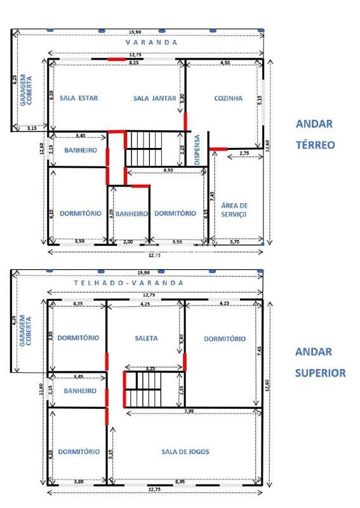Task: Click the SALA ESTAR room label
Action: [x=79, y=98]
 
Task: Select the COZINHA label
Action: [x=228, y=98]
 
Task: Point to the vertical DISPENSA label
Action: [x=197, y=150]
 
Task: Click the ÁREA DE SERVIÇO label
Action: [x=234, y=210]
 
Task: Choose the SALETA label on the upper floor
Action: [x=146, y=338]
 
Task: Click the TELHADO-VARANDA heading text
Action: [x=129, y=283]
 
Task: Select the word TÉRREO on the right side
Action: [x=315, y=145]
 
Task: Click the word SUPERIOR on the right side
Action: [x=320, y=373]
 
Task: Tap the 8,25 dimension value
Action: [x=134, y=63]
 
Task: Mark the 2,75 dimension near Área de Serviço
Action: [x=244, y=154]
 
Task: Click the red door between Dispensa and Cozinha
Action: [x=218, y=149]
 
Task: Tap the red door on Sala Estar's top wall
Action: [x=116, y=59]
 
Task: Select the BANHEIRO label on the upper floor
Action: [x=80, y=391]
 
